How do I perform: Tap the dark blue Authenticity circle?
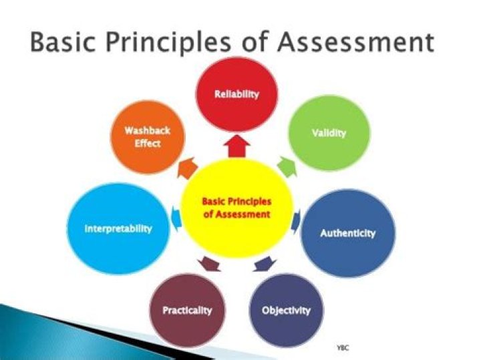(347, 234)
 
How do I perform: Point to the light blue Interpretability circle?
(118, 228)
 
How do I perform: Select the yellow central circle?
(237, 208)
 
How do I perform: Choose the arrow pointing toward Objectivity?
(261, 262)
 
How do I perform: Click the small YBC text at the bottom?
(343, 348)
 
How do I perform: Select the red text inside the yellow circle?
(237, 208)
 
